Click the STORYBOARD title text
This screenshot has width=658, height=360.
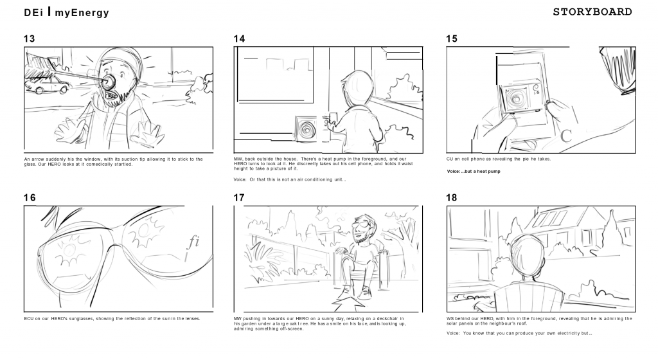(592, 12)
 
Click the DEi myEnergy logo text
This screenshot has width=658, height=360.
(66, 12)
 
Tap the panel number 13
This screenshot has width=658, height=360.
(30, 39)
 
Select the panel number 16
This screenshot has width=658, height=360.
(30, 197)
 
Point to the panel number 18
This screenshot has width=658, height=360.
(452, 197)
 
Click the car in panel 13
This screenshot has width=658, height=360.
(47, 85)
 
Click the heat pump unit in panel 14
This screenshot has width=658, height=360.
(306, 129)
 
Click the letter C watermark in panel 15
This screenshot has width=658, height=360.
(566, 136)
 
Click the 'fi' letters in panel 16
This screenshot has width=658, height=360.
(193, 241)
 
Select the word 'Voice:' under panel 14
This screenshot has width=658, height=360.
(240, 179)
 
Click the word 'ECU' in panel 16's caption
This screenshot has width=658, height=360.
(28, 318)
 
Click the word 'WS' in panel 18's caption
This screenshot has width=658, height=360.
(450, 318)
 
